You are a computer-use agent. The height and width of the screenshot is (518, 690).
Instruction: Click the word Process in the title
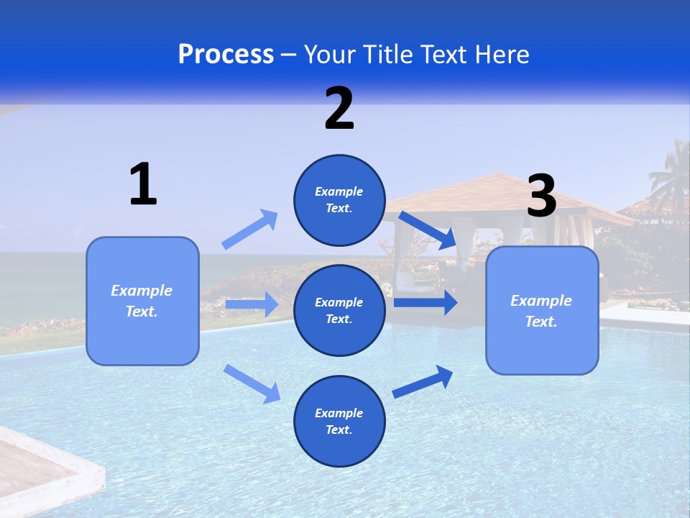226,55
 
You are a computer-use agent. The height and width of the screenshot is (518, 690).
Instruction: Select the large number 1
143,185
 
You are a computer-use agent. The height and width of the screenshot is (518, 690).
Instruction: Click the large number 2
339,109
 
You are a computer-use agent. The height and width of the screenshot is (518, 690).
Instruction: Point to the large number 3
541,196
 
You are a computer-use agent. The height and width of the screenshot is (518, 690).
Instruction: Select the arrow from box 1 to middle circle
252,304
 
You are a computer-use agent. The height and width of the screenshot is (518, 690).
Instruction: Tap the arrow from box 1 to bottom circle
252,383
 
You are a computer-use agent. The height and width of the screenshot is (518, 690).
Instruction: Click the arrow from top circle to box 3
428,230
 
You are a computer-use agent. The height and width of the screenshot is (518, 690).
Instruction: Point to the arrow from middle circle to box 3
425,302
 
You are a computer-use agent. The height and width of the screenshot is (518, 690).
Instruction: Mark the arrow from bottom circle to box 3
423,381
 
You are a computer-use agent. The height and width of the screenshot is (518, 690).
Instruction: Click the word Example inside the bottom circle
339,413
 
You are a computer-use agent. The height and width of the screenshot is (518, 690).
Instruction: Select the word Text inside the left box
141,312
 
